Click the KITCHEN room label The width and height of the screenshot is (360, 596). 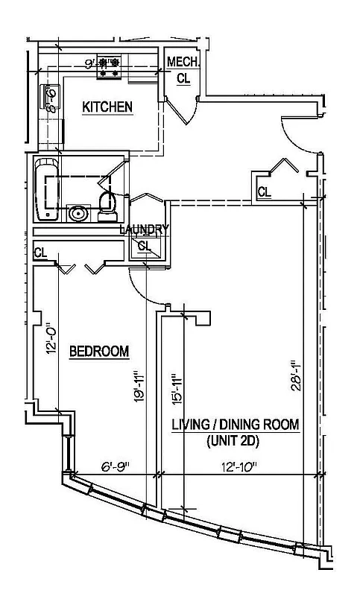click(x=107, y=107)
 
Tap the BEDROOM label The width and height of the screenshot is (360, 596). click(x=99, y=351)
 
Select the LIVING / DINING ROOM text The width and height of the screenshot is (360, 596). click(x=236, y=425)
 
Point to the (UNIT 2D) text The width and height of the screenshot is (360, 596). click(x=236, y=440)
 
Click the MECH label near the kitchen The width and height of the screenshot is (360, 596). click(x=181, y=61)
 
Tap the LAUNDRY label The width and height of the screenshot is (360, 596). click(x=145, y=229)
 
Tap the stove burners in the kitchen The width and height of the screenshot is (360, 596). click(x=110, y=68)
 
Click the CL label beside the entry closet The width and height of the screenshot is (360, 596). click(x=265, y=192)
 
